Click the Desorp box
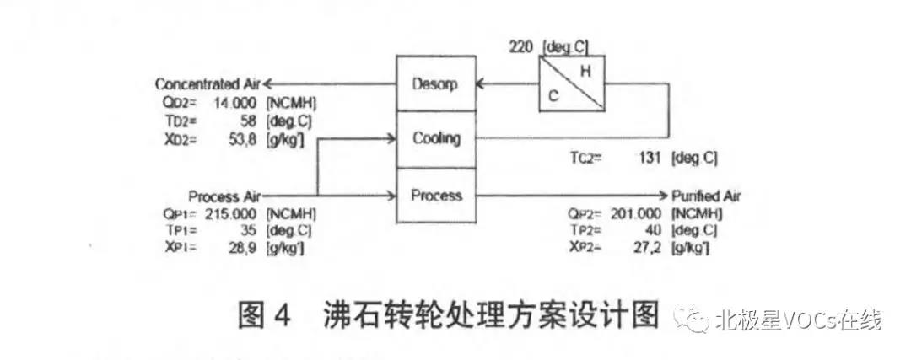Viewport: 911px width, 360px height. click(x=435, y=84)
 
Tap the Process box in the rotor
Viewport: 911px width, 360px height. click(x=437, y=196)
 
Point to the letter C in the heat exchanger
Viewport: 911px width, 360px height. click(x=553, y=96)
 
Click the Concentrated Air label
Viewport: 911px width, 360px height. click(x=208, y=84)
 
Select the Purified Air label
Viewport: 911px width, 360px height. click(x=706, y=196)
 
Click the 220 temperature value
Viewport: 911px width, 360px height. click(x=521, y=47)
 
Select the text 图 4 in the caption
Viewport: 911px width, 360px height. click(x=263, y=317)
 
